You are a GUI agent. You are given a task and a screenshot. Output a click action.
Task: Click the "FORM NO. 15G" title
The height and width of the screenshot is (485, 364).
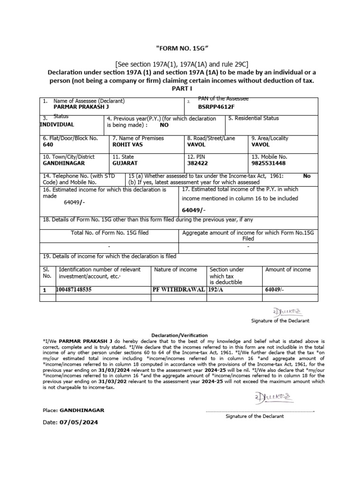pyautogui.click(x=182, y=49)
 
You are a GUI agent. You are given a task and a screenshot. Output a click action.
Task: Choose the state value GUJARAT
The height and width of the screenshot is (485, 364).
pyautogui.click(x=125, y=163)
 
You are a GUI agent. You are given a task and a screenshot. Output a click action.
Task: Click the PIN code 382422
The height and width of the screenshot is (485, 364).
pyautogui.click(x=197, y=163)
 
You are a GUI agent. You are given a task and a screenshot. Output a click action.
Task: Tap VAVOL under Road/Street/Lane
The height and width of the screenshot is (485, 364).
pyautogui.click(x=197, y=144)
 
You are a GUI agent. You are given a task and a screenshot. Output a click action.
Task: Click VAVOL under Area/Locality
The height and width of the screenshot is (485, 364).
pyautogui.click(x=260, y=144)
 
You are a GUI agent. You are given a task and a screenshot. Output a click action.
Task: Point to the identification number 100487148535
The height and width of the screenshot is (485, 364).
pyautogui.click(x=74, y=288)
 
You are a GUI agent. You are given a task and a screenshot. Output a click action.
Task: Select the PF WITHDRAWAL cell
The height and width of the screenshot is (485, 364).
pyautogui.click(x=178, y=288)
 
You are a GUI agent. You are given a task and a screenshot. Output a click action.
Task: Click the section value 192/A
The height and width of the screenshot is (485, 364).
pyautogui.click(x=217, y=288)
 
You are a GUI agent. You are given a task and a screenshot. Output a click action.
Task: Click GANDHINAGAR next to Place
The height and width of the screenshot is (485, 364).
pyautogui.click(x=82, y=410)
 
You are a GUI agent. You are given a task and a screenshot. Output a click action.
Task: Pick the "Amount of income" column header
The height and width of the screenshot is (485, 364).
pyautogui.click(x=288, y=269)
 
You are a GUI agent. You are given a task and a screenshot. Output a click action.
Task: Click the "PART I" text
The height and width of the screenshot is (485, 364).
pyautogui.click(x=182, y=89)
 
